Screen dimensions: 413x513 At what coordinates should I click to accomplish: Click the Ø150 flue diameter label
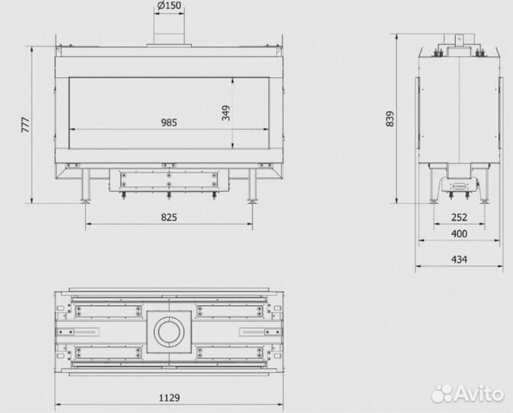pyautogui.click(x=170, y=8)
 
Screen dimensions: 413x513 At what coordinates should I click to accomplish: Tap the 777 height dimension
pyautogui.click(x=26, y=125)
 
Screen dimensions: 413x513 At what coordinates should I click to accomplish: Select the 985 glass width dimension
pyautogui.click(x=170, y=122)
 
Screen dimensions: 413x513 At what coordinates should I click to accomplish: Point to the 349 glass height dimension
pyautogui.click(x=226, y=112)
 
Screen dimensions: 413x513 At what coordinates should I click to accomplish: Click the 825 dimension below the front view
pyautogui.click(x=170, y=217)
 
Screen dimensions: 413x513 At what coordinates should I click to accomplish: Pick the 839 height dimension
pyautogui.click(x=391, y=119)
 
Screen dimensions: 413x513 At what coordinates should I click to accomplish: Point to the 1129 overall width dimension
pyautogui.click(x=168, y=398)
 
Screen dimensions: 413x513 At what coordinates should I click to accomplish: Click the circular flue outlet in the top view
pyautogui.click(x=167, y=331)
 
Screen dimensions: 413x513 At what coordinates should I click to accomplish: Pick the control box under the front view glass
pyautogui.click(x=169, y=180)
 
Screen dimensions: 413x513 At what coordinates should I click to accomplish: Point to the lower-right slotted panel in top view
pyautogui.click(x=229, y=353)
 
